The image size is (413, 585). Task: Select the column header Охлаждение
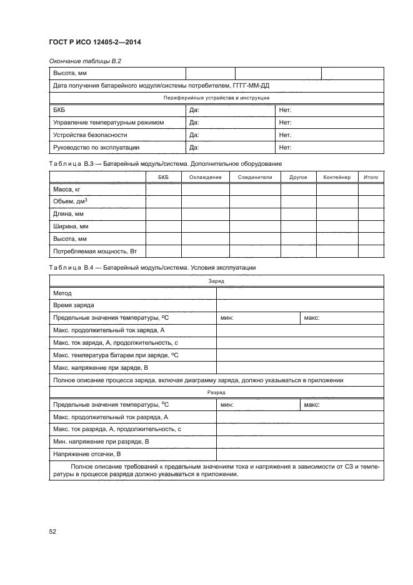(x=206, y=178)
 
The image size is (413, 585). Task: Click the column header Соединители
(x=255, y=178)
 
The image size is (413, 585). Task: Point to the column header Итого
(x=371, y=178)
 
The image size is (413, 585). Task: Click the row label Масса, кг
(x=67, y=189)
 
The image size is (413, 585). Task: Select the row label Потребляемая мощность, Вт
(x=95, y=251)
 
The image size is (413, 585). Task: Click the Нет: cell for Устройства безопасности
(x=286, y=135)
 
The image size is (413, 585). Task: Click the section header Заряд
(x=216, y=282)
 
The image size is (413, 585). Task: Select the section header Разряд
(x=216, y=392)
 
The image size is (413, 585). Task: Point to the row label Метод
(x=62, y=293)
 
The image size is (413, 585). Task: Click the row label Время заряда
(x=74, y=305)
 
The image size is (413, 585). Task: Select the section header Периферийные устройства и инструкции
(x=216, y=98)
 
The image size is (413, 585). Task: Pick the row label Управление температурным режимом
(x=109, y=123)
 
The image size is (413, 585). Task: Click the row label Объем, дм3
(x=70, y=201)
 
